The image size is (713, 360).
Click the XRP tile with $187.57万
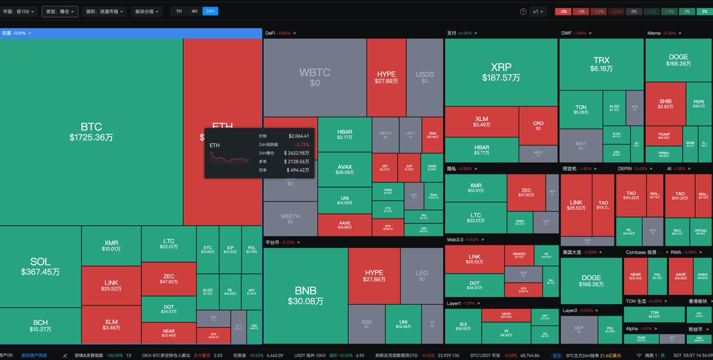[501, 72]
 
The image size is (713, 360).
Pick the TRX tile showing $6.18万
[601, 64]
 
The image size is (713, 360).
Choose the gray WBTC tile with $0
[314, 77]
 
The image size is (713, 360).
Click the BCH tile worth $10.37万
[40, 325]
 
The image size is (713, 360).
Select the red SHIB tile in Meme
[665, 105]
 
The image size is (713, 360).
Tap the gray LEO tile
[421, 276]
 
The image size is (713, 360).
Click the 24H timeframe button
[210, 11]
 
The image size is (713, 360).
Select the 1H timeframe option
[179, 11]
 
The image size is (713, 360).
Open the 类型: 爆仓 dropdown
[59, 11]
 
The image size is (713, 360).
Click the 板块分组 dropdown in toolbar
[148, 11]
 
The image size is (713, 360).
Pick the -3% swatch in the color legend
[563, 11]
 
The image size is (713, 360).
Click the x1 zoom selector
[538, 11]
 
